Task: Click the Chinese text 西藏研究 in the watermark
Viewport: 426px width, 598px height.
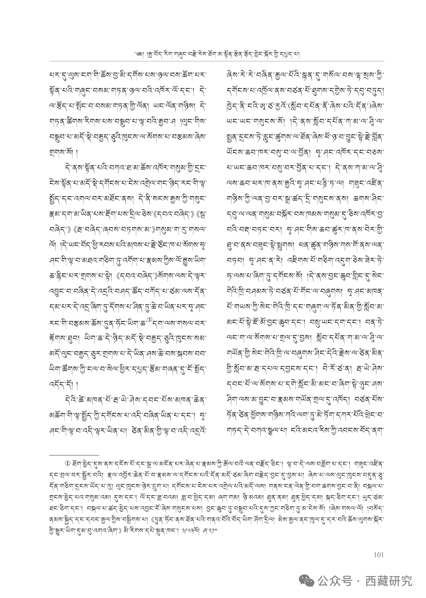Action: [x=389, y=580]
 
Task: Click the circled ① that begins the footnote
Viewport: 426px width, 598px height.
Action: [x=67, y=461]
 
